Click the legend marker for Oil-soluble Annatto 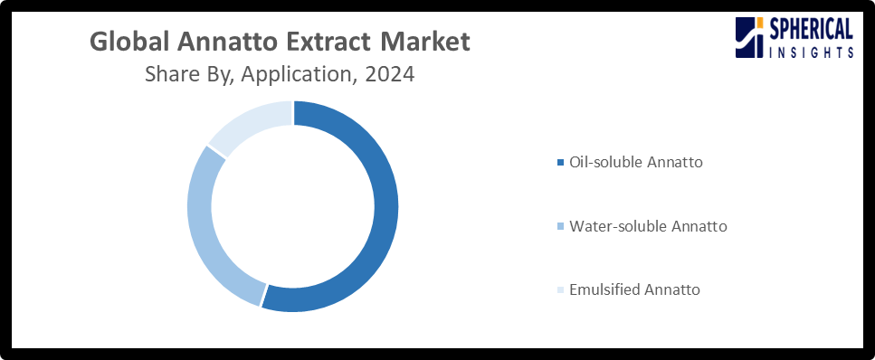[560, 163]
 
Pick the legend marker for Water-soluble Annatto [560, 226]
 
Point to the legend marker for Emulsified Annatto [560, 290]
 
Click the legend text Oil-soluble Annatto [635, 163]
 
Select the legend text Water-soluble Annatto [647, 226]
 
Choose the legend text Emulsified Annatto [634, 290]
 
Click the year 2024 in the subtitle [389, 75]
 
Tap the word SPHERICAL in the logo [812, 30]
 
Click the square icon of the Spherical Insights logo [750, 39]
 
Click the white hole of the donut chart [292, 206]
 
